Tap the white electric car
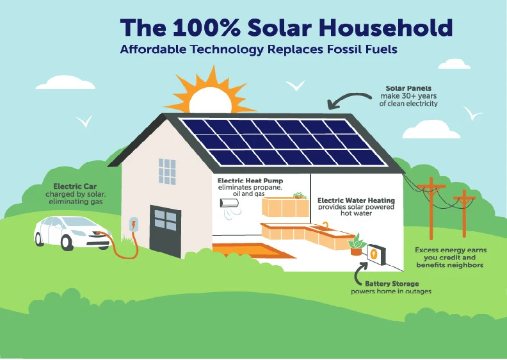pyautogui.click(x=70, y=231)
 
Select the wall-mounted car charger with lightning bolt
pyautogui.click(x=134, y=225)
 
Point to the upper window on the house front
pyautogui.click(x=167, y=171)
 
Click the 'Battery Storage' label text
pyautogui.click(x=392, y=283)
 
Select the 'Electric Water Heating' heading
pyautogui.click(x=357, y=200)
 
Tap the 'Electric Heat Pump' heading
pyautogui.click(x=250, y=181)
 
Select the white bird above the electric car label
pyautogui.click(x=84, y=120)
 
